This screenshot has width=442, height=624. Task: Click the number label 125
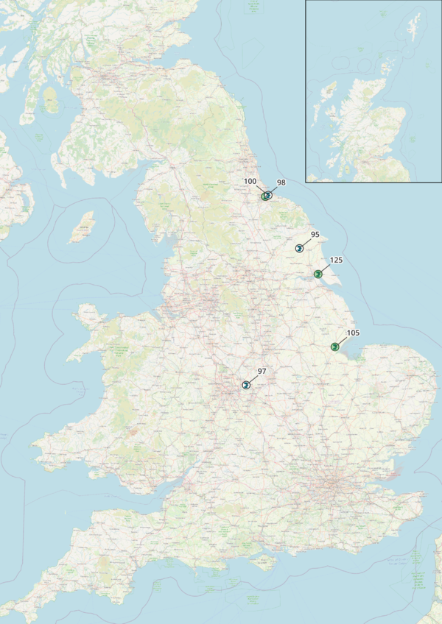336,260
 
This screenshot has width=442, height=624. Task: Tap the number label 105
352,333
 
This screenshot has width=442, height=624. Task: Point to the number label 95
315,235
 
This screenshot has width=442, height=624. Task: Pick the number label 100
250,181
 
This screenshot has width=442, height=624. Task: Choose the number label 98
281,182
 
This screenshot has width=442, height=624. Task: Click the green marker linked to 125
318,274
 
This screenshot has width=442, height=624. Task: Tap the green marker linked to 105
334,347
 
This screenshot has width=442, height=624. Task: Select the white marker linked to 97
245,385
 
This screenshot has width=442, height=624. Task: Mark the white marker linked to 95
299,248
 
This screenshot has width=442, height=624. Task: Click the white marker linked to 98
268,195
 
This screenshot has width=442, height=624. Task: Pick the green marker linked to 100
264,196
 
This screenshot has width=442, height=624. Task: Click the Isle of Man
82,227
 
